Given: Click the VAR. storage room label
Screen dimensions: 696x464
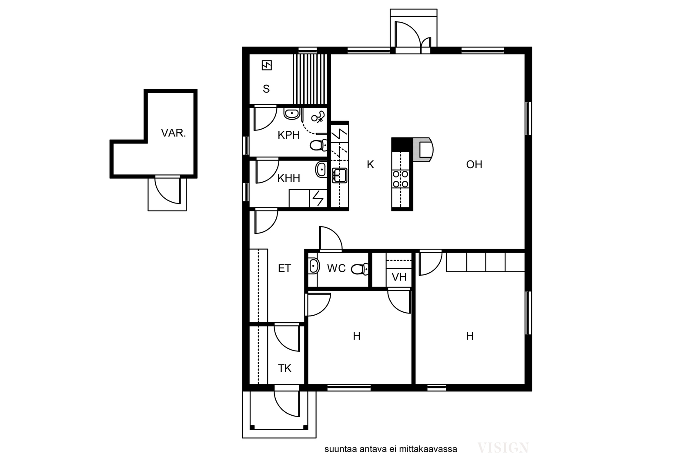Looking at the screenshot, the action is click(174, 133).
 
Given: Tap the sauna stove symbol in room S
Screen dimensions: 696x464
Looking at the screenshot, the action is click(267, 65).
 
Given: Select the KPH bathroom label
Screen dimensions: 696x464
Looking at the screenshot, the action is click(289, 135).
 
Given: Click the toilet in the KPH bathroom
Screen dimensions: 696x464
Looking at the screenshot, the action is click(318, 145).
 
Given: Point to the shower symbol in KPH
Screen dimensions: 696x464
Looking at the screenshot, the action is click(318, 117).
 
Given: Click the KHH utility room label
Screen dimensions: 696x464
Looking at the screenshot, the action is click(289, 178).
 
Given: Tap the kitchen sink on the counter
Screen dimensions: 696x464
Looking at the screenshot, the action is click(339, 176).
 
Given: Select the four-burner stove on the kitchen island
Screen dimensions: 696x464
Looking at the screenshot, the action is click(401, 179).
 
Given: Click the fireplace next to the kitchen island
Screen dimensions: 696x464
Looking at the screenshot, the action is click(423, 150).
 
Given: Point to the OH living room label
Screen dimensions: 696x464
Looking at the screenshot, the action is click(474, 164).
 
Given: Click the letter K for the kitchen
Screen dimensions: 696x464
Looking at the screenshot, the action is click(370, 164).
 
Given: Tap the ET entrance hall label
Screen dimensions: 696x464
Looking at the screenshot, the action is click(284, 268).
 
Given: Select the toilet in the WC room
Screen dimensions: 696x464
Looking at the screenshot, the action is click(360, 269).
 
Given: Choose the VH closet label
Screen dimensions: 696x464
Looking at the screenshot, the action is click(399, 277).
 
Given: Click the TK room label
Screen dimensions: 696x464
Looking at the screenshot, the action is click(284, 368).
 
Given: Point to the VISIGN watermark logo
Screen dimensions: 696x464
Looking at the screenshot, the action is click(503, 448).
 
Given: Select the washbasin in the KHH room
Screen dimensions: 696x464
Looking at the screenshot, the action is click(321, 170).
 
